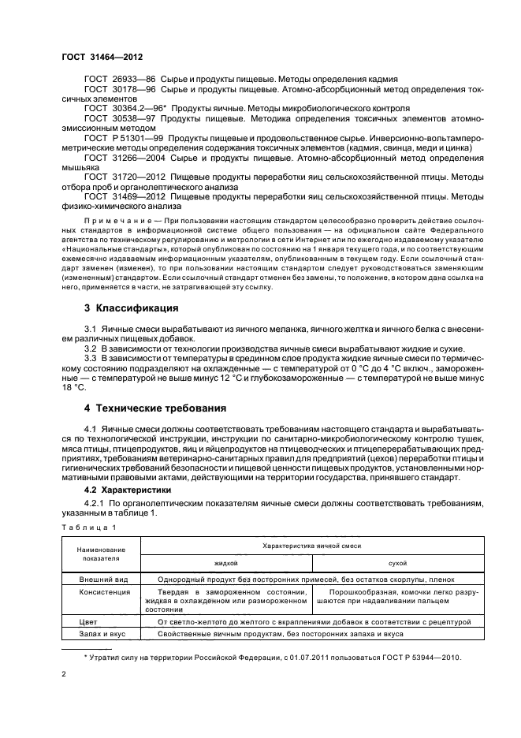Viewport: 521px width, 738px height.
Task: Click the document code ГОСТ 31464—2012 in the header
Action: point(102,57)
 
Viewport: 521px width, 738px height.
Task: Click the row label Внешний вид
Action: point(101,579)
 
